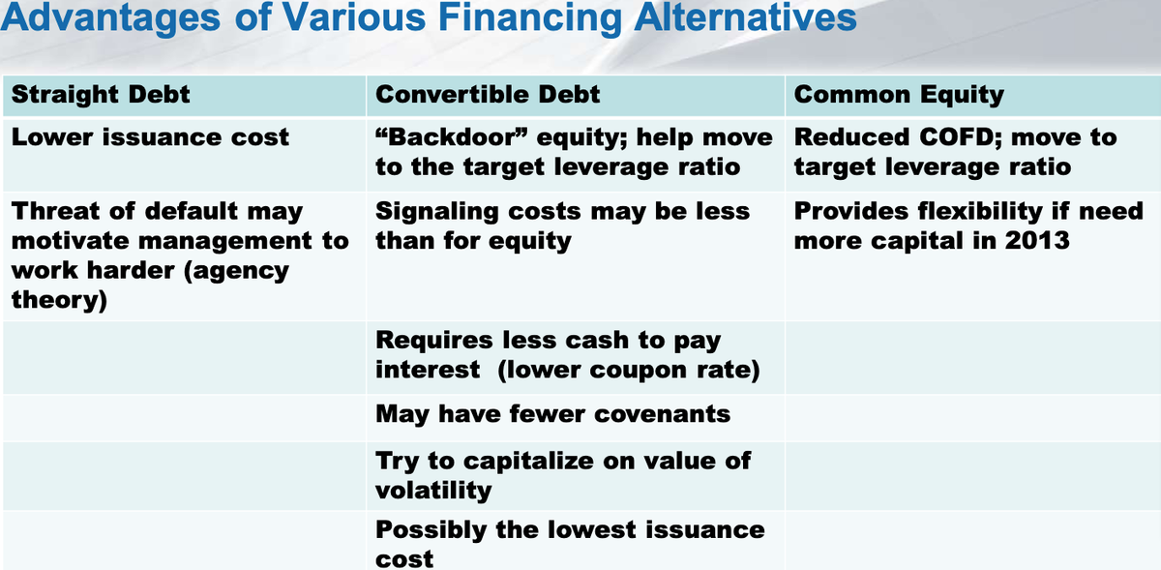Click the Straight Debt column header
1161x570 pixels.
pyautogui.click(x=101, y=95)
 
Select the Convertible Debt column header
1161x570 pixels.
pyautogui.click(x=488, y=95)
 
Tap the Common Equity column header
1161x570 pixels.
pyautogui.click(x=899, y=96)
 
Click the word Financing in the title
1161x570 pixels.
pyautogui.click(x=530, y=17)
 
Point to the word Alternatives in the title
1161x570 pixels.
pyautogui.click(x=745, y=16)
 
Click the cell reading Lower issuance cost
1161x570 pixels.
pyautogui.click(x=150, y=137)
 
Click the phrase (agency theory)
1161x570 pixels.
pyautogui.click(x=150, y=285)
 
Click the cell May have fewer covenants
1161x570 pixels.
pyautogui.click(x=552, y=414)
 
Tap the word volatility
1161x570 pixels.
pyautogui.click(x=433, y=491)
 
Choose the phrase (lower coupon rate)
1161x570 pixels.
pyautogui.click(x=628, y=371)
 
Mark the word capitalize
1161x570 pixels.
pyautogui.click(x=528, y=462)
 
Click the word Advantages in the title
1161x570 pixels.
pyautogui.click(x=110, y=18)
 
